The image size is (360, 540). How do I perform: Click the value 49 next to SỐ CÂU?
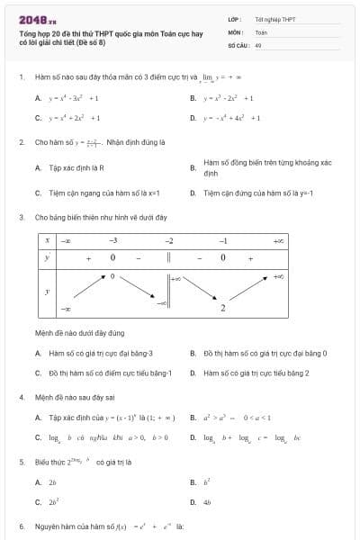258,44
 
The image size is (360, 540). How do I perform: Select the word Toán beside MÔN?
261,31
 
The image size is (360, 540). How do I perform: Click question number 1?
22,77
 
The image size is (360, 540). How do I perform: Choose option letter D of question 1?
193,118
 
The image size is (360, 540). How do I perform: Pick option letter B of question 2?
193,167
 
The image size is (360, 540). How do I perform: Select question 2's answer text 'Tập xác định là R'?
77,167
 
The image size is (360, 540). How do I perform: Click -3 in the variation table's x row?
112,241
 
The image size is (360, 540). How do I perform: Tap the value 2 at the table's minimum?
223,309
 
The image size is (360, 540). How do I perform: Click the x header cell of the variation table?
47,241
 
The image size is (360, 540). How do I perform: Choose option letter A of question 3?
38,354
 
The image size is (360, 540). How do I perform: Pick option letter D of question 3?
193,373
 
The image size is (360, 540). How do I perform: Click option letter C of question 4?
38,437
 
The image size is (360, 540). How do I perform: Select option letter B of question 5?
193,482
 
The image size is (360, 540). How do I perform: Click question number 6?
22,526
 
